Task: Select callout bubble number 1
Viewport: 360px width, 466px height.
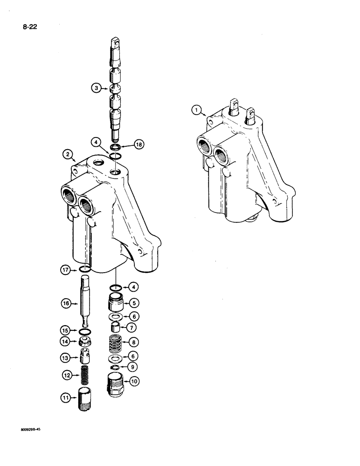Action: [x=197, y=110]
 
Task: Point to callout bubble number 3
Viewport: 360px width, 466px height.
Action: [x=96, y=88]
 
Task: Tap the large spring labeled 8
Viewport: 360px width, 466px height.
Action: [x=117, y=343]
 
